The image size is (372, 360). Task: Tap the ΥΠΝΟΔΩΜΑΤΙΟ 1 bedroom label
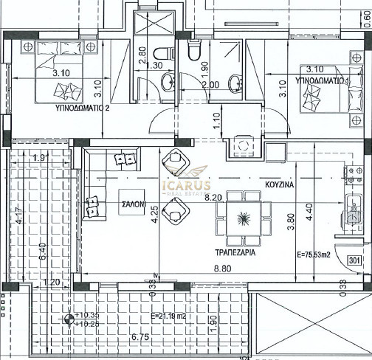[x=321, y=79]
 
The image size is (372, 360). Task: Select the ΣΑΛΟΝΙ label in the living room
[x=135, y=205]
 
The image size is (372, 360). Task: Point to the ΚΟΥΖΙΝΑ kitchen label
[x=283, y=187]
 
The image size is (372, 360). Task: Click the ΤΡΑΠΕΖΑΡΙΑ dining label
[x=235, y=249]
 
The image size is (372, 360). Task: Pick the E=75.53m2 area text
[x=313, y=256]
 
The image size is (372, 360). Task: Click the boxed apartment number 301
[x=355, y=260]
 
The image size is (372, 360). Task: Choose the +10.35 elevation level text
[x=88, y=315]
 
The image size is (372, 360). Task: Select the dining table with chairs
[x=241, y=217]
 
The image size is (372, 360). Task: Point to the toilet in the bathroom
[x=195, y=49]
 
